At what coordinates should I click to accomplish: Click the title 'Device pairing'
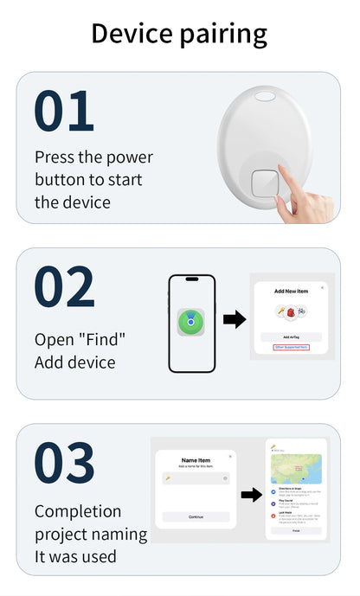[x=179, y=33]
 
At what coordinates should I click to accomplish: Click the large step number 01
[x=63, y=112]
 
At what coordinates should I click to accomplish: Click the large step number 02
[x=64, y=287]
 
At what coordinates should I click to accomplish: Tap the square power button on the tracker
[x=263, y=184]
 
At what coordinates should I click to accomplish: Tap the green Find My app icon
[x=190, y=323]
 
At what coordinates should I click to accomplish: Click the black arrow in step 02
[x=234, y=320]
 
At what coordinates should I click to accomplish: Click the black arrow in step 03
[x=251, y=495]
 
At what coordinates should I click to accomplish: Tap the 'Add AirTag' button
[x=291, y=336]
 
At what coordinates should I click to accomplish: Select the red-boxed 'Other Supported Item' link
[x=291, y=347]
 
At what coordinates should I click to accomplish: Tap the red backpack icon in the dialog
[x=291, y=311]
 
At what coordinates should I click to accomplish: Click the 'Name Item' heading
[x=196, y=460]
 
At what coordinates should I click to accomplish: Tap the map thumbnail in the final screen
[x=296, y=468]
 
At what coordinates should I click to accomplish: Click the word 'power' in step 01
[x=129, y=157]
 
